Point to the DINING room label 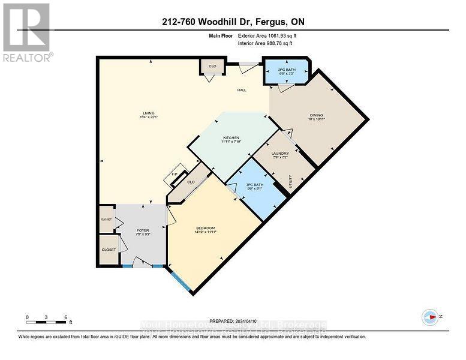coord(316,117)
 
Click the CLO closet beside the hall coord(212,67)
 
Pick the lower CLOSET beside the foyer coord(108,248)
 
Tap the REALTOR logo coord(26,33)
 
